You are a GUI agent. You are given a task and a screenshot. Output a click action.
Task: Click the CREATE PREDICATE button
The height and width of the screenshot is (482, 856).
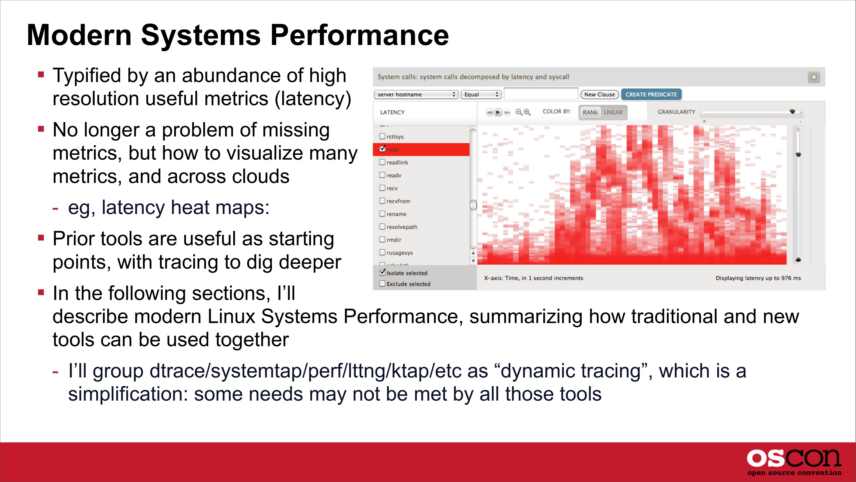point(651,94)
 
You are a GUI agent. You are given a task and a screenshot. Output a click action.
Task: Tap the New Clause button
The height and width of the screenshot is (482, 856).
point(599,94)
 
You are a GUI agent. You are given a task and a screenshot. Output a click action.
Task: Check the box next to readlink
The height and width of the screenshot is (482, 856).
point(383,162)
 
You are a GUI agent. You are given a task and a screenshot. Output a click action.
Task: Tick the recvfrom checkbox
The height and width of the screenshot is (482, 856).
point(383,201)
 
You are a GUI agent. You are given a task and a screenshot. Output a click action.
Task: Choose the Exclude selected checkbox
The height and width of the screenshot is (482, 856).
point(383,283)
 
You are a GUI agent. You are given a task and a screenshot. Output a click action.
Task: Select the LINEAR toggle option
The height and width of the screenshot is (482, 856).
point(613,112)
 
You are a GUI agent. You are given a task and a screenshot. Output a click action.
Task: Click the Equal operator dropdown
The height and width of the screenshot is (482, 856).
point(481,94)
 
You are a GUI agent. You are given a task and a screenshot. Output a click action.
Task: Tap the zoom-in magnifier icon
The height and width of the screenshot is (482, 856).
point(527,112)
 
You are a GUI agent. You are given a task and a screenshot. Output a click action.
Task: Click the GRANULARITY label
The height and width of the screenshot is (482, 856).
point(676,112)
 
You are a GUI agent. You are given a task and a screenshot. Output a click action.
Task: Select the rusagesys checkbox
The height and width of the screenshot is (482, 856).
point(383,252)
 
